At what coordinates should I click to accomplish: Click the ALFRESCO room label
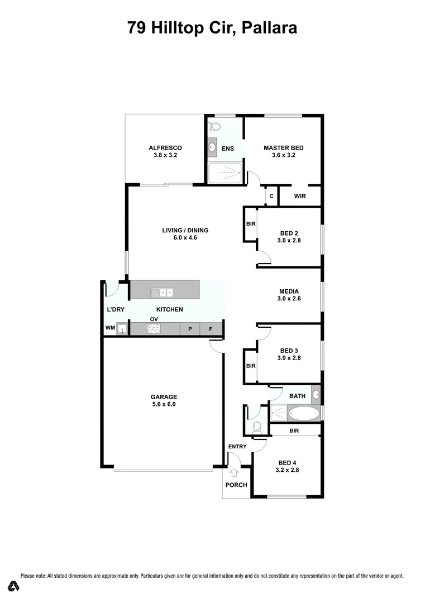click(165, 148)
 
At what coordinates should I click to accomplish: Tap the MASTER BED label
click(283, 148)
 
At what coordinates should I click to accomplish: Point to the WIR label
click(299, 197)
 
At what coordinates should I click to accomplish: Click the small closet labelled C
click(271, 197)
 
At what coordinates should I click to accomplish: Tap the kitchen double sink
click(162, 293)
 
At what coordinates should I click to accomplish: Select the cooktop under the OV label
click(154, 329)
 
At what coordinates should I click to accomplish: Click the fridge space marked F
click(211, 329)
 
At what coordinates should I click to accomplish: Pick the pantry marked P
click(190, 329)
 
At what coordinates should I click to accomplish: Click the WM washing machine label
click(109, 329)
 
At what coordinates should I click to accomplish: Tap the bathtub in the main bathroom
click(304, 414)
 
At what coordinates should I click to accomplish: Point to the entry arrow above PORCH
click(234, 472)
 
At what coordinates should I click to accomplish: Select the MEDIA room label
click(289, 291)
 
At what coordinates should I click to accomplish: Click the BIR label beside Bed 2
click(250, 224)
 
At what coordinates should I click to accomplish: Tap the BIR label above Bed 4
click(294, 430)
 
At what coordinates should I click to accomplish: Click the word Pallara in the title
click(270, 27)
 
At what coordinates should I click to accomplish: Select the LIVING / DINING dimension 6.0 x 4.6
click(178, 238)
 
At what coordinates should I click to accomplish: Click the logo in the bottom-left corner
click(14, 586)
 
